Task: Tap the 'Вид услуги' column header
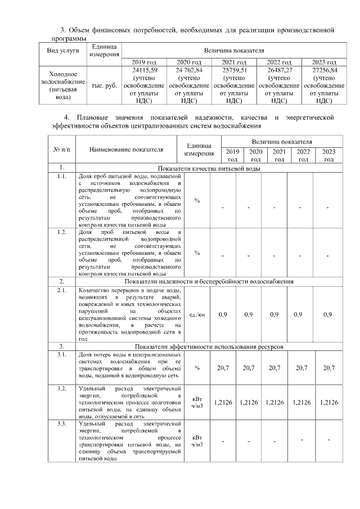point(62,51)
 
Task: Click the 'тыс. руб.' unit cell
point(104,85)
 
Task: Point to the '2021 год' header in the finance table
point(235,62)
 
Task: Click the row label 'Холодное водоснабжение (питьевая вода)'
point(62,85)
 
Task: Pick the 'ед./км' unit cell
point(197,314)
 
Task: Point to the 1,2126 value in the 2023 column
point(328,402)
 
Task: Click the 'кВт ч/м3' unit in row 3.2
point(197,402)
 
